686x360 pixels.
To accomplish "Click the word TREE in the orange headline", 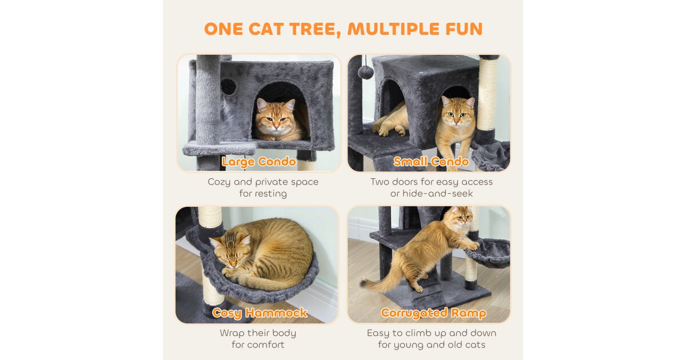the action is coord(316,29).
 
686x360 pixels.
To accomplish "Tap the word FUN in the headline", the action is coord(464,29).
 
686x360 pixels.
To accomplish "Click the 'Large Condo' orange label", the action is coord(259,162).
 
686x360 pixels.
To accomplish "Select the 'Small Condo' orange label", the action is coord(431,161).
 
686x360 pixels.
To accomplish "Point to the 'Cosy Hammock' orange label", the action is coord(260,313).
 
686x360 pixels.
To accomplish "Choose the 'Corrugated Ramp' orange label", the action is coord(433,313).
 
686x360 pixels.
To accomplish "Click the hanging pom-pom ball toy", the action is coord(366,73).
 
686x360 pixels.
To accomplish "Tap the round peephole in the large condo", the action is coord(229,87).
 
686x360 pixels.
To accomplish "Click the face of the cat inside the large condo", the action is coord(276,118).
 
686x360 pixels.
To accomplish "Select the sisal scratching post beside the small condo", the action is coord(488,94).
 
